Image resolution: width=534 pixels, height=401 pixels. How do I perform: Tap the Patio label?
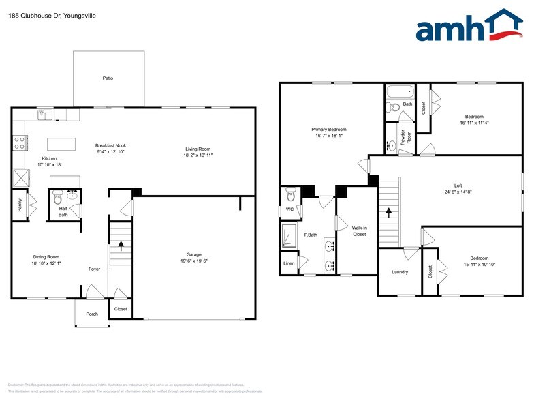(x=108, y=78)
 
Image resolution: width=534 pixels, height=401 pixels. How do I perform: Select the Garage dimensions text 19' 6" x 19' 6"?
(x=193, y=261)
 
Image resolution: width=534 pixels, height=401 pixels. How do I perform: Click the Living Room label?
(x=198, y=149)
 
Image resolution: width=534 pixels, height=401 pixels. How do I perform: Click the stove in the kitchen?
(x=20, y=143)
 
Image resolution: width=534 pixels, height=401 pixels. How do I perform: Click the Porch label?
(x=91, y=314)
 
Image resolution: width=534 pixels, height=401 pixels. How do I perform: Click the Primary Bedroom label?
(x=329, y=130)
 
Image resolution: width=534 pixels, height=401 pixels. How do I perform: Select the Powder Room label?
(x=403, y=137)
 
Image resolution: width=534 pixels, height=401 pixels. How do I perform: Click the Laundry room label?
(x=400, y=272)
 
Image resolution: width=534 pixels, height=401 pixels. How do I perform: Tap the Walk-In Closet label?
(x=359, y=231)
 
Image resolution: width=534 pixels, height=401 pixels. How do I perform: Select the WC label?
(x=289, y=209)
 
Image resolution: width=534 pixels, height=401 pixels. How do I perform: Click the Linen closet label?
(x=288, y=262)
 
